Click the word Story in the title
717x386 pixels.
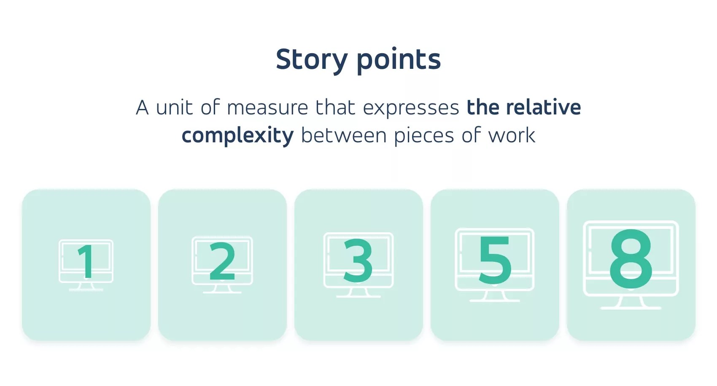pos(311,60)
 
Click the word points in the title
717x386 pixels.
pos(399,60)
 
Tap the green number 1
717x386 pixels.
pos(86,261)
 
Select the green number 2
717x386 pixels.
pos(222,262)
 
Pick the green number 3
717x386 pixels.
pos(358,261)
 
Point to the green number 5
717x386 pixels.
pos(495,260)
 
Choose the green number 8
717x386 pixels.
pos(631,259)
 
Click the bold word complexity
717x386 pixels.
pos(237,136)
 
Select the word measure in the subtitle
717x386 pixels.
pos(268,108)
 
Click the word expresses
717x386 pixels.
pos(411,108)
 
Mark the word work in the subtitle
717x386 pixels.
pos(512,136)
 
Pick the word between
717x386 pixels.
pos(344,136)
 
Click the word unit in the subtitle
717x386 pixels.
pos(175,108)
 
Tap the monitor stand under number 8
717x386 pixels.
pos(631,303)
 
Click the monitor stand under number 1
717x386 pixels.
pos(86,287)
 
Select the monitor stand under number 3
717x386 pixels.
pos(358,293)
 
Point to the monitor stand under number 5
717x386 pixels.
pos(495,296)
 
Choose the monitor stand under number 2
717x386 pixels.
pos(222,289)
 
